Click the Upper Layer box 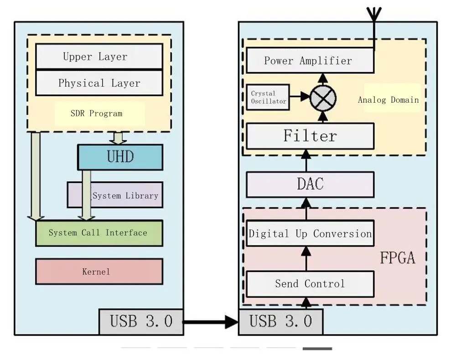coord(99,56)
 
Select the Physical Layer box coord(99,83)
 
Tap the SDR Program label coord(97,113)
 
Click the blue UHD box coord(120,157)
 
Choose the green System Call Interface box coord(99,233)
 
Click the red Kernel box coord(99,271)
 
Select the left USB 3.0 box coord(141,322)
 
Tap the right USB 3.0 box coord(280,322)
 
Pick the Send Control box coord(310,284)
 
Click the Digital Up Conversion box coord(310,234)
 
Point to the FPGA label coord(398,258)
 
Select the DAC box coord(310,184)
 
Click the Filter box coord(310,136)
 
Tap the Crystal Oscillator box coord(268,97)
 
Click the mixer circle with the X coord(323,98)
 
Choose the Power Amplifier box coord(310,60)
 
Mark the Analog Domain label coord(389,100)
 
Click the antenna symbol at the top coord(374,15)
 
